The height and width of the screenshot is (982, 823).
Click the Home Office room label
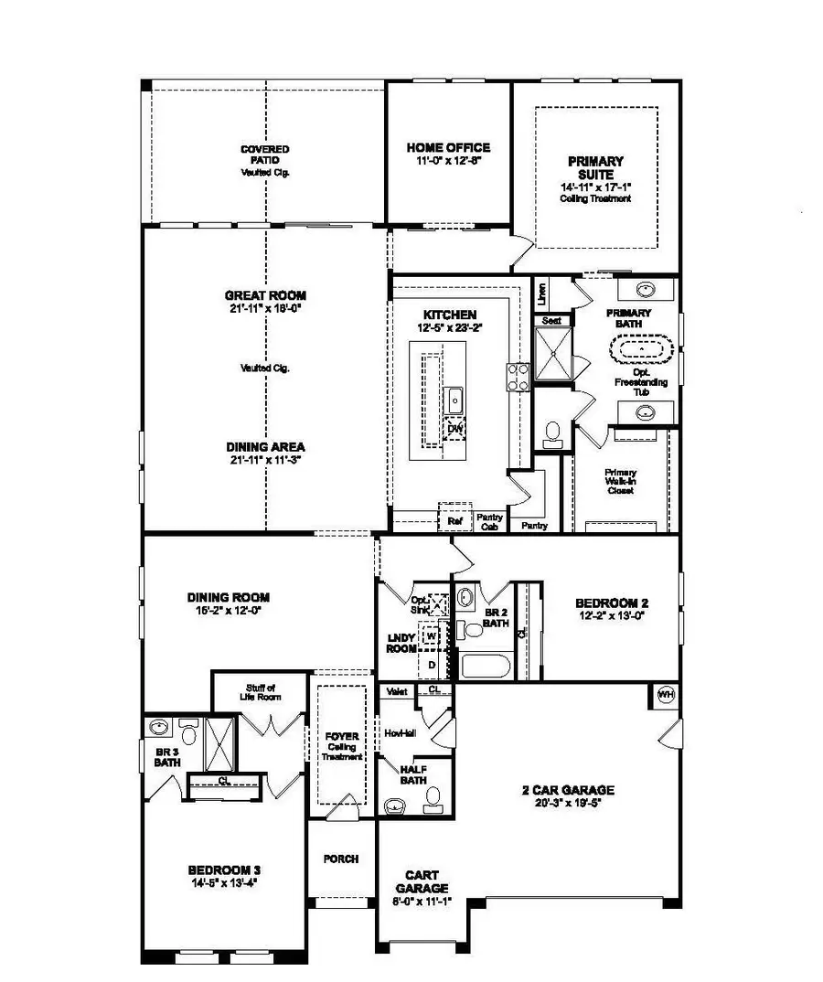[x=448, y=147]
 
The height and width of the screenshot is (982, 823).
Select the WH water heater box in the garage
[x=666, y=695]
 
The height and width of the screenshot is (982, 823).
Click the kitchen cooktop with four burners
[x=518, y=377]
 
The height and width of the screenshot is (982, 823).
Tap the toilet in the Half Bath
[x=433, y=800]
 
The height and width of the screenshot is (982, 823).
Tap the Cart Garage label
[x=422, y=881]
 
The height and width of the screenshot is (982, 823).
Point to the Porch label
[x=341, y=859]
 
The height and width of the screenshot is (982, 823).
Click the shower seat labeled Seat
[x=551, y=321]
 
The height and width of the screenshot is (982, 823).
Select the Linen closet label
[x=541, y=294]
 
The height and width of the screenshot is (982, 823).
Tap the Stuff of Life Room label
[x=261, y=692]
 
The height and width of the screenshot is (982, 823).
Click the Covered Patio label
[x=265, y=155]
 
